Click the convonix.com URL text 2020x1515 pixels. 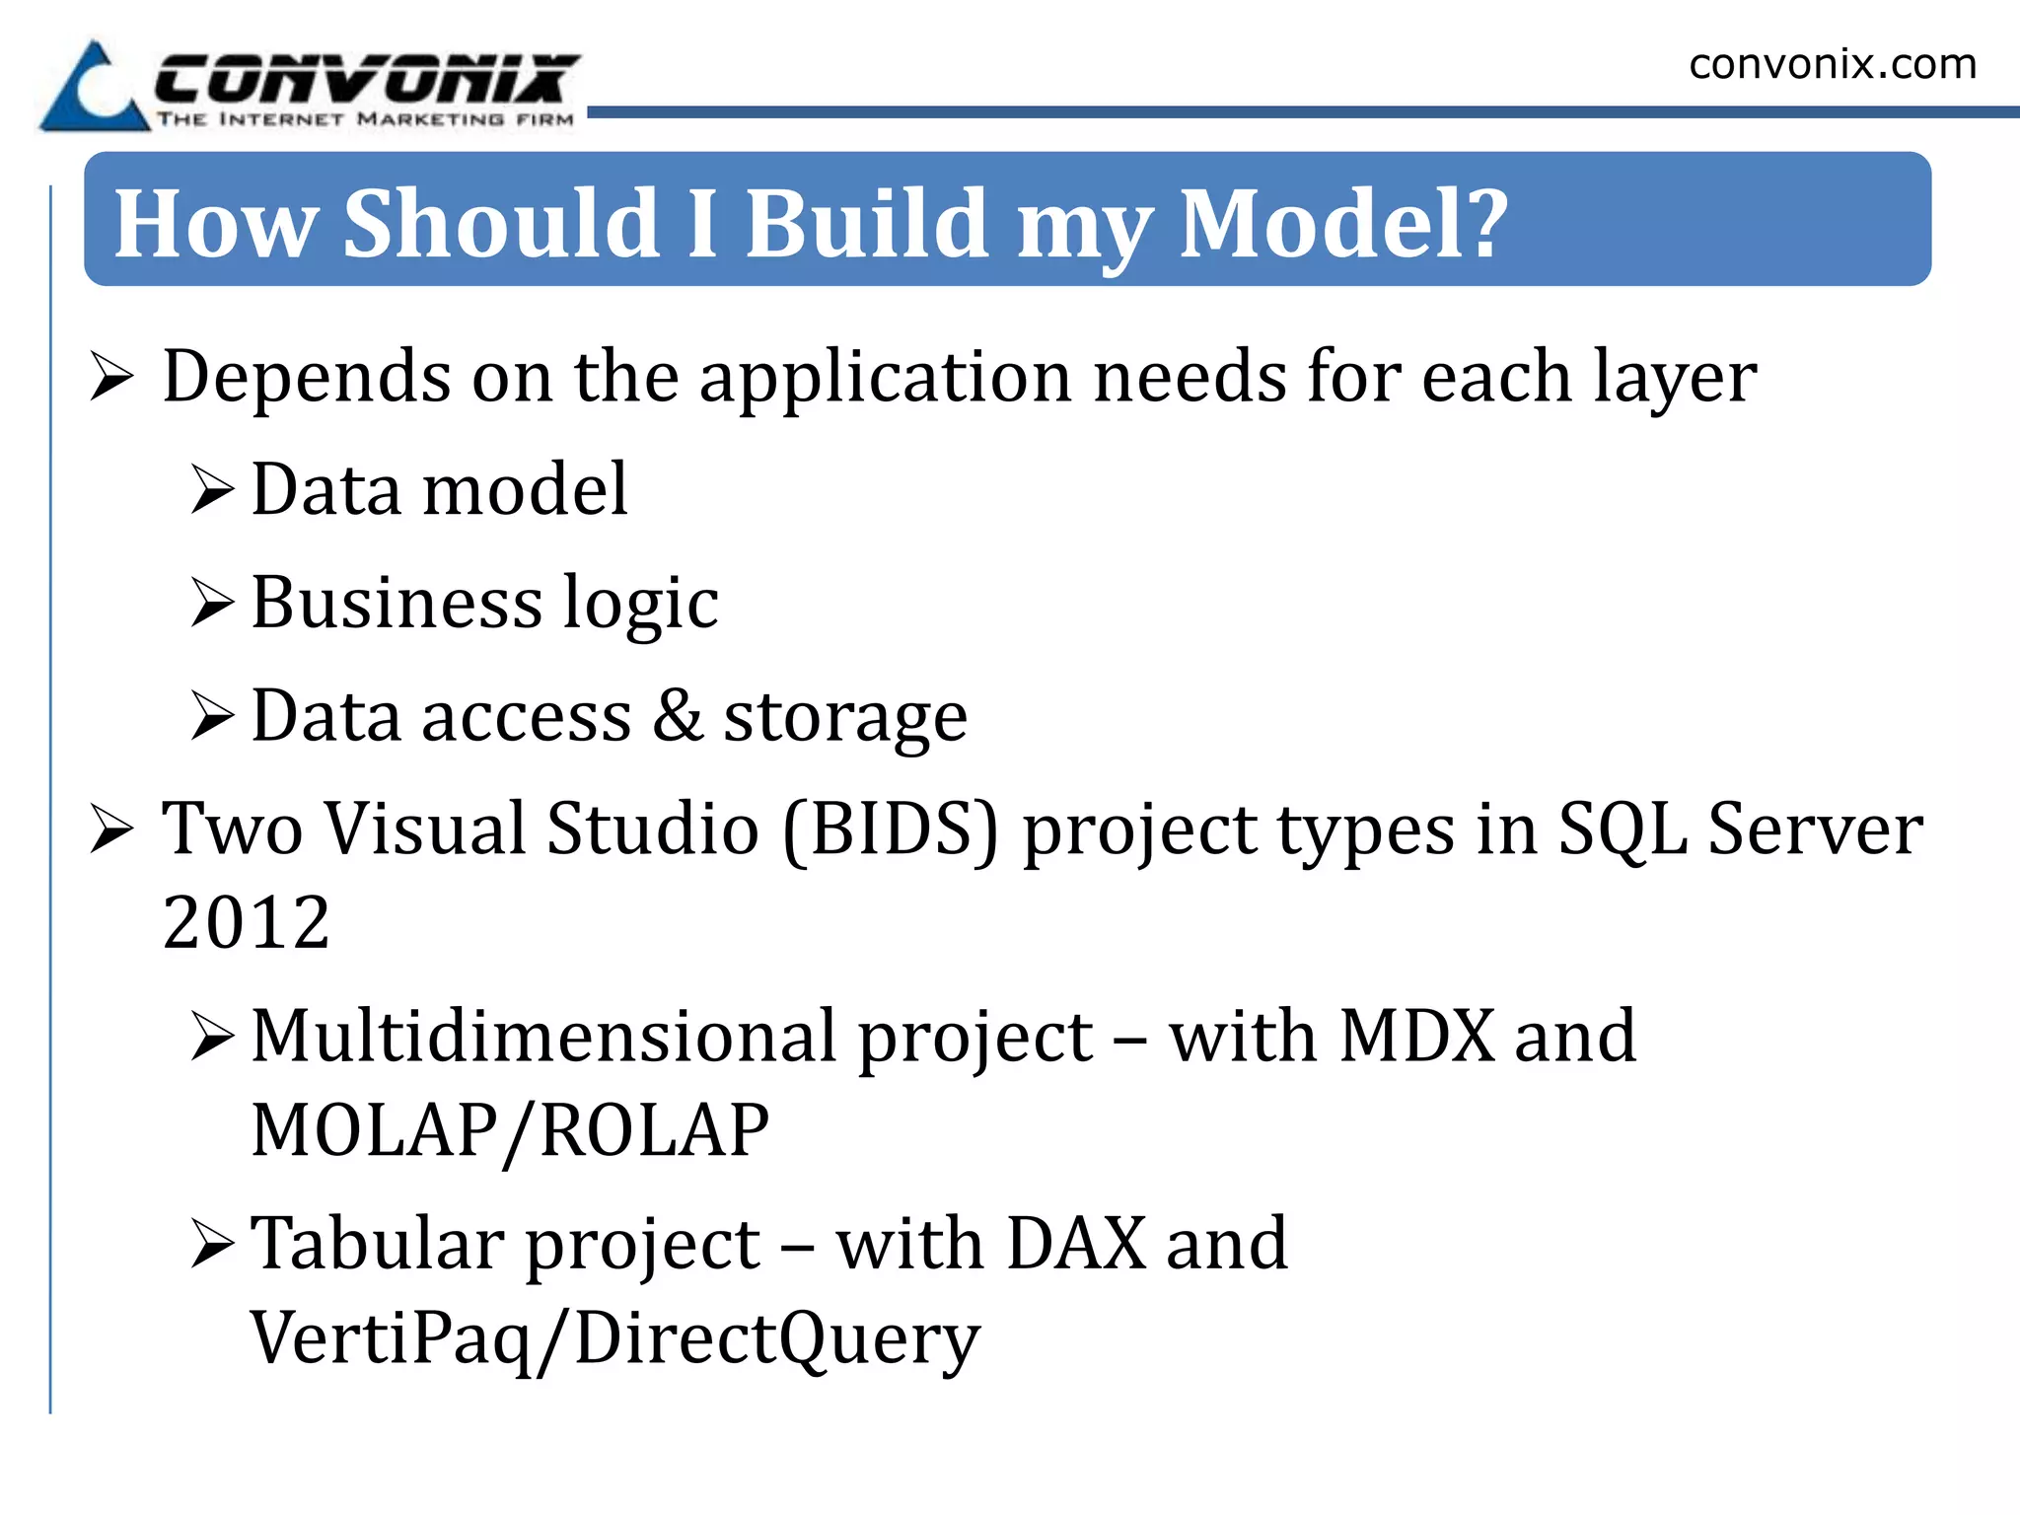[x=1833, y=64]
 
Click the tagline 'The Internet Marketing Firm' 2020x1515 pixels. [x=365, y=119]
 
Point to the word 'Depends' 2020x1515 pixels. [x=306, y=378]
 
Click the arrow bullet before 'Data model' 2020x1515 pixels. [x=212, y=489]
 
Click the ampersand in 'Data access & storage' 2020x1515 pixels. [x=678, y=714]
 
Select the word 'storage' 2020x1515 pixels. [x=845, y=718]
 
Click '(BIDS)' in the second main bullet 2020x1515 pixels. [x=891, y=829]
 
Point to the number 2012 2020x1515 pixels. [x=246, y=922]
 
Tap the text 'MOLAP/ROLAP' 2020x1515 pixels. [x=510, y=1130]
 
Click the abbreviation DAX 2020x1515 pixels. [x=1077, y=1243]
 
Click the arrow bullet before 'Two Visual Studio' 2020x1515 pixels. [x=111, y=829]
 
